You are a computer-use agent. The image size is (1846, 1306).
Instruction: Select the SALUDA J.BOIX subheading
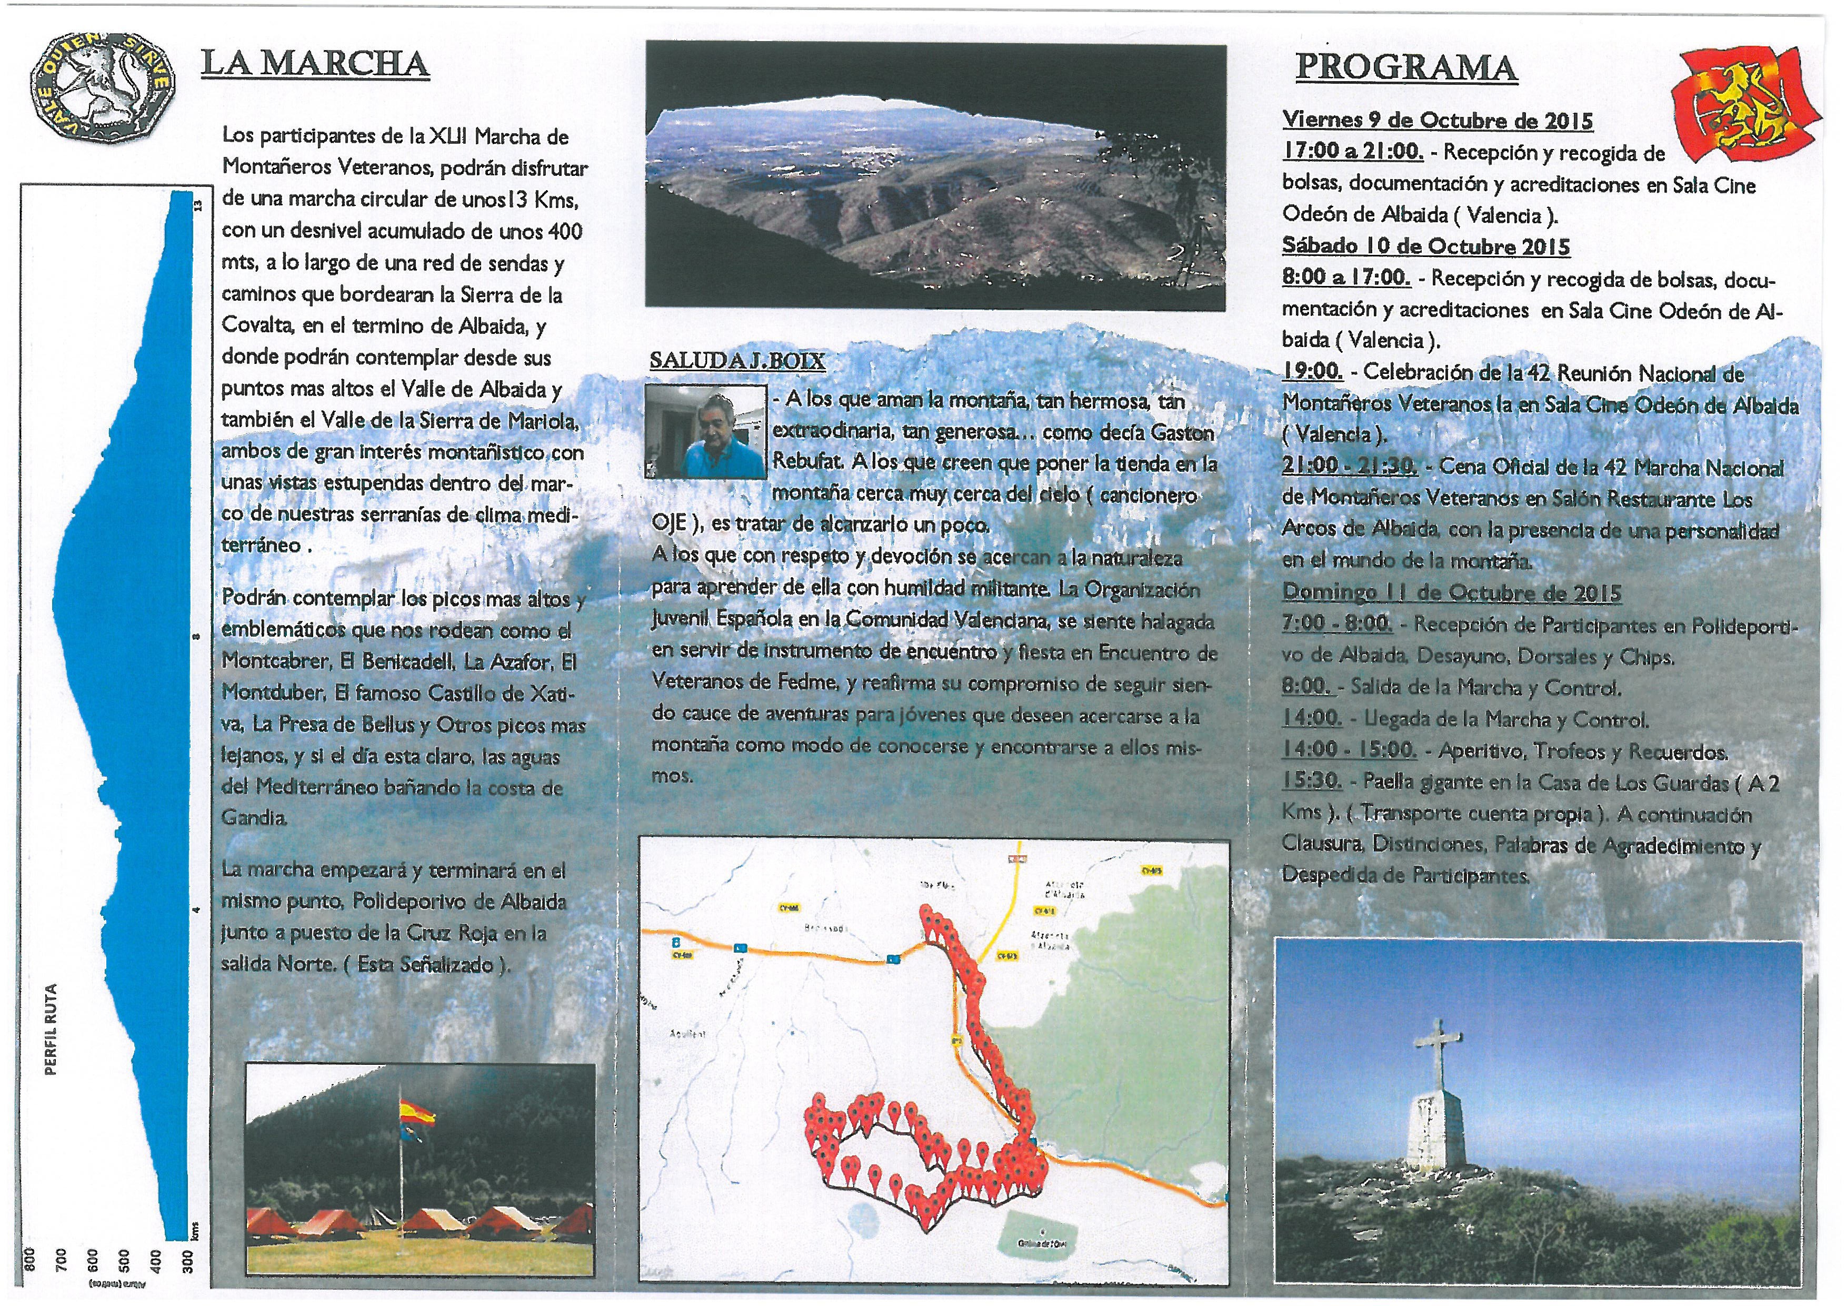pyautogui.click(x=737, y=362)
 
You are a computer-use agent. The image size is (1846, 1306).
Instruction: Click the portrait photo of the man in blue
pyautogui.click(x=705, y=431)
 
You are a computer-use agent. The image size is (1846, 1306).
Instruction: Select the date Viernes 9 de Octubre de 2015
pyautogui.click(x=1438, y=121)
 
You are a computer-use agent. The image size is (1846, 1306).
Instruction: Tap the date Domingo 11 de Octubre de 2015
pyautogui.click(x=1451, y=592)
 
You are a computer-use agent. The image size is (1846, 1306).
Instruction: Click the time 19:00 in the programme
pyautogui.click(x=1312, y=372)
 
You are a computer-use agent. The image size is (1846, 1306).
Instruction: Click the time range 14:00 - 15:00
pyautogui.click(x=1349, y=750)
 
